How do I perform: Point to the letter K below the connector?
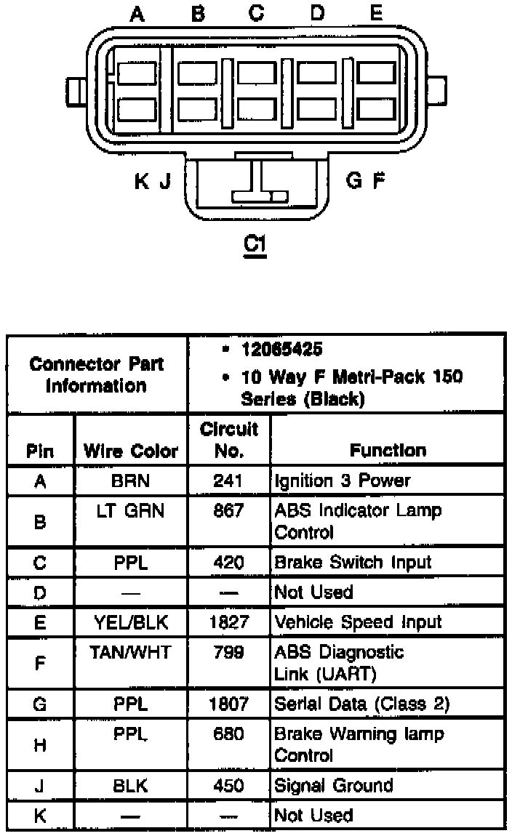[141, 180]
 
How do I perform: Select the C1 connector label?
[255, 244]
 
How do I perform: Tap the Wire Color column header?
[131, 451]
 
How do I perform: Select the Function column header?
[388, 451]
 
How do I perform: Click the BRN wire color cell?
[131, 481]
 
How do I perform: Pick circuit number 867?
[229, 510]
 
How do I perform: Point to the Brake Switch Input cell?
[352, 562]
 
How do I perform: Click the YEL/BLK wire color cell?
[131, 622]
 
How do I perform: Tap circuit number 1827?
[229, 622]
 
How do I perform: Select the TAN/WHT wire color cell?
[131, 652]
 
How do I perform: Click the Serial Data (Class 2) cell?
[361, 704]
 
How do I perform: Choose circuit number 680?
[229, 733]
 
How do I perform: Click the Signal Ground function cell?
[333, 785]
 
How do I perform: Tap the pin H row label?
[40, 744]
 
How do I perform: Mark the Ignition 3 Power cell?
[342, 481]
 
